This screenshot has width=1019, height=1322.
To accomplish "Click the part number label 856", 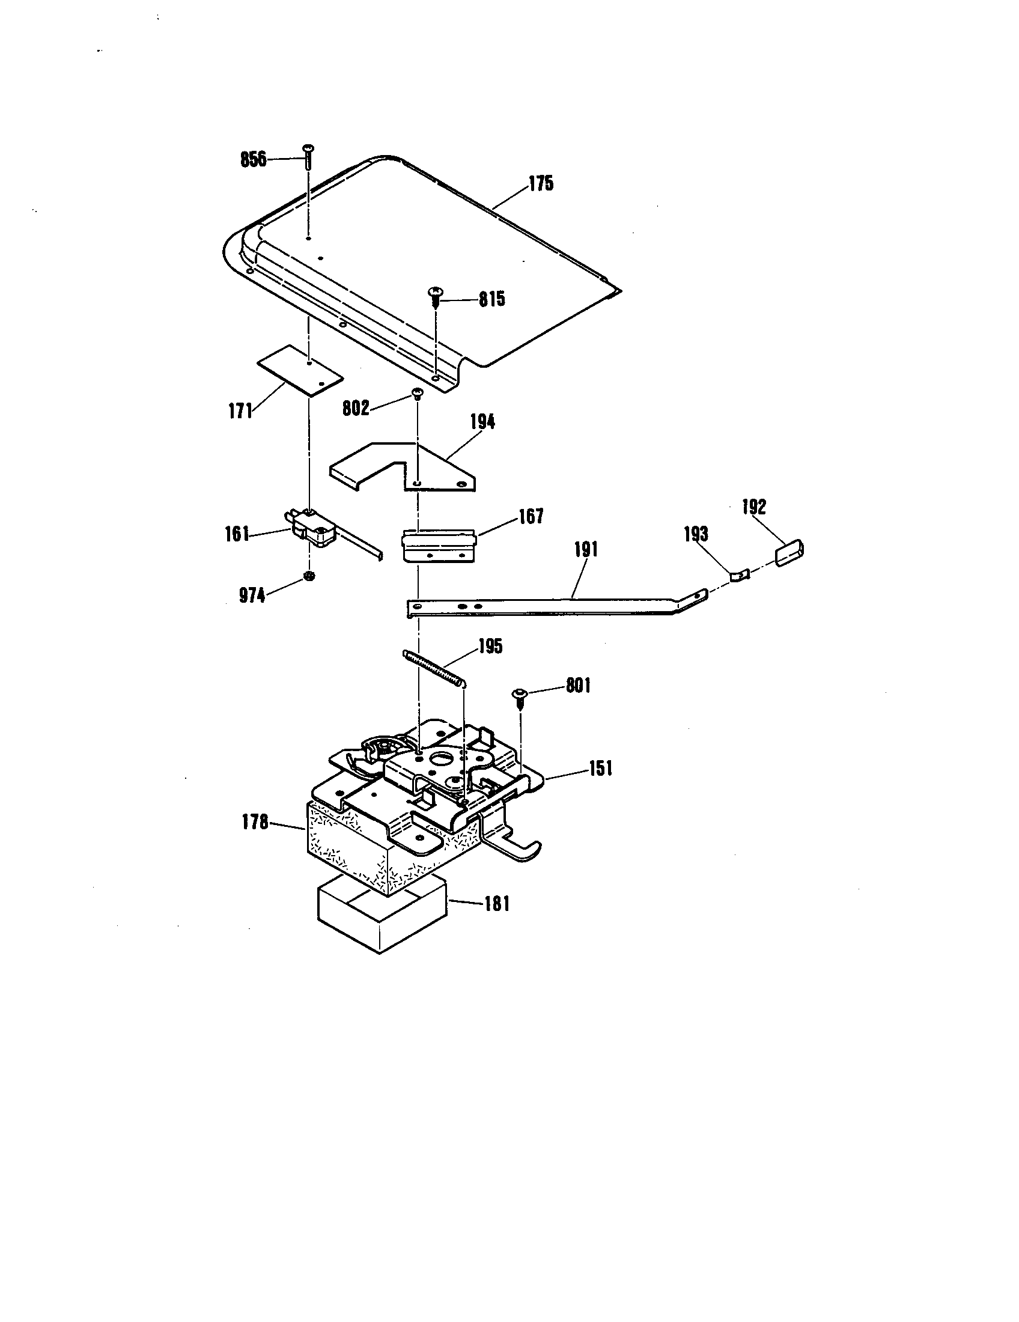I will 253,159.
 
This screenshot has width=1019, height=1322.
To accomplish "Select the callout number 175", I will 541,183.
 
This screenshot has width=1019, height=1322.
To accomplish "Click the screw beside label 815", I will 436,296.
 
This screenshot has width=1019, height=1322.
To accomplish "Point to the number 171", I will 240,411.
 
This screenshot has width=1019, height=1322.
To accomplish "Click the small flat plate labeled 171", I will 300,371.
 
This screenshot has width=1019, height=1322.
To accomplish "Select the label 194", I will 482,422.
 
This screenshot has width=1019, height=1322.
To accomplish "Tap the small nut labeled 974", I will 309,576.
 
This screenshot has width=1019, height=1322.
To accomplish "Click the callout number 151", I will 600,769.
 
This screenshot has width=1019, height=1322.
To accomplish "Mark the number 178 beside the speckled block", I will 255,823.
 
